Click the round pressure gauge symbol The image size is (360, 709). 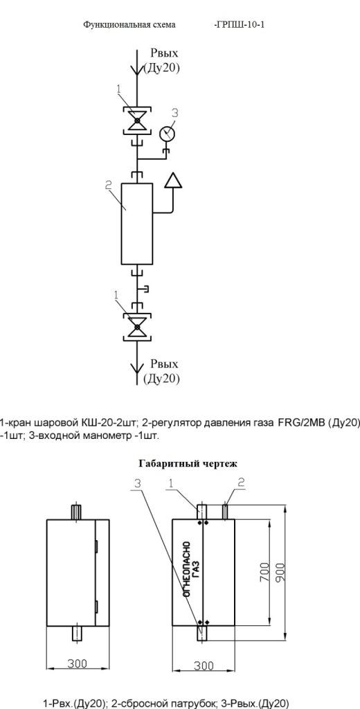click(168, 133)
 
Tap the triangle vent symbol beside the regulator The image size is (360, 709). click(173, 180)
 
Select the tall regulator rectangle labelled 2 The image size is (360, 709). click(137, 224)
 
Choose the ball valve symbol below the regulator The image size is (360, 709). click(137, 326)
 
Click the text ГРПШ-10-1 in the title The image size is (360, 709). click(240, 24)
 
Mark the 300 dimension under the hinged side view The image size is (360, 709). click(78, 663)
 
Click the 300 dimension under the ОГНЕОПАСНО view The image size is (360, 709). click(204, 665)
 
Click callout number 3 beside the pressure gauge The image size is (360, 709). click(175, 113)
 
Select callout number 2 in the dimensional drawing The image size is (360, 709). click(241, 483)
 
